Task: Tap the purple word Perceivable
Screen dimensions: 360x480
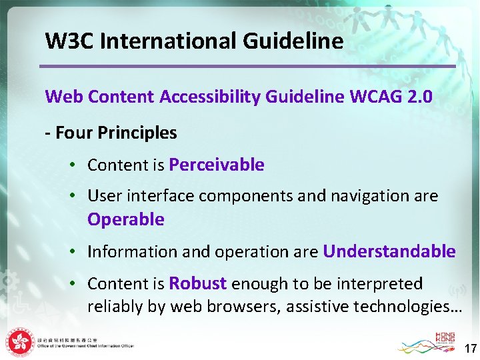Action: point(217,165)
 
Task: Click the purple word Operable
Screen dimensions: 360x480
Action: point(126,219)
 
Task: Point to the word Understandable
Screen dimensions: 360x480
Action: point(389,251)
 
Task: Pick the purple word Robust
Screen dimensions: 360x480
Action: point(198,283)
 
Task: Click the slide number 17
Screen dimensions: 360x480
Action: point(470,349)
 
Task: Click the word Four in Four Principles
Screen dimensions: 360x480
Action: point(73,133)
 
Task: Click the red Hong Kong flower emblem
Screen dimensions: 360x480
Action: point(21,342)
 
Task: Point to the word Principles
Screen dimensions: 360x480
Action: point(137,133)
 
